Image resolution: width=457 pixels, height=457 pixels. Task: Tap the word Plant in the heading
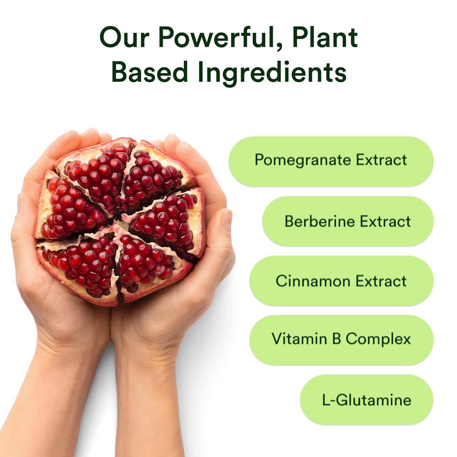click(x=325, y=37)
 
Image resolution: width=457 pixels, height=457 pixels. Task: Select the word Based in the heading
click(x=150, y=72)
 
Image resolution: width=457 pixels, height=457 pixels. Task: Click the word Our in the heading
click(x=124, y=37)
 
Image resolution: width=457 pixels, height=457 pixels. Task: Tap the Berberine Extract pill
click(x=347, y=221)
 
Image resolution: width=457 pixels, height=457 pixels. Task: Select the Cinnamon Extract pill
click(x=341, y=281)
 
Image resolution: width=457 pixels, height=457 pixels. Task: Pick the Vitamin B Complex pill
click(x=341, y=340)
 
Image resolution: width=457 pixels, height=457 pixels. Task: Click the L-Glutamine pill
click(x=366, y=400)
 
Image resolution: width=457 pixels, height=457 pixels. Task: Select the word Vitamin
click(x=299, y=339)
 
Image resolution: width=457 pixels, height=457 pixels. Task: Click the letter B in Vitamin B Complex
click(x=336, y=339)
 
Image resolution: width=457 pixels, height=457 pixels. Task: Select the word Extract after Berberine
click(x=385, y=221)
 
